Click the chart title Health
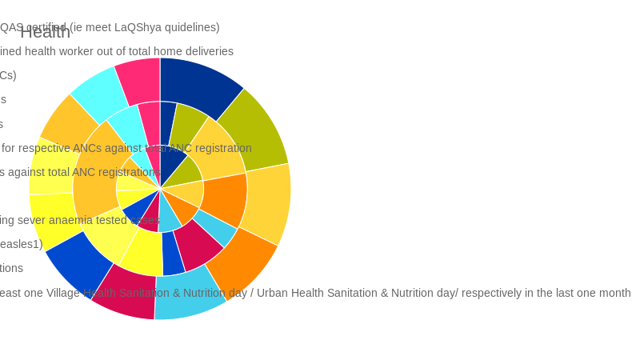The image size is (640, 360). pyautogui.click(x=45, y=32)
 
